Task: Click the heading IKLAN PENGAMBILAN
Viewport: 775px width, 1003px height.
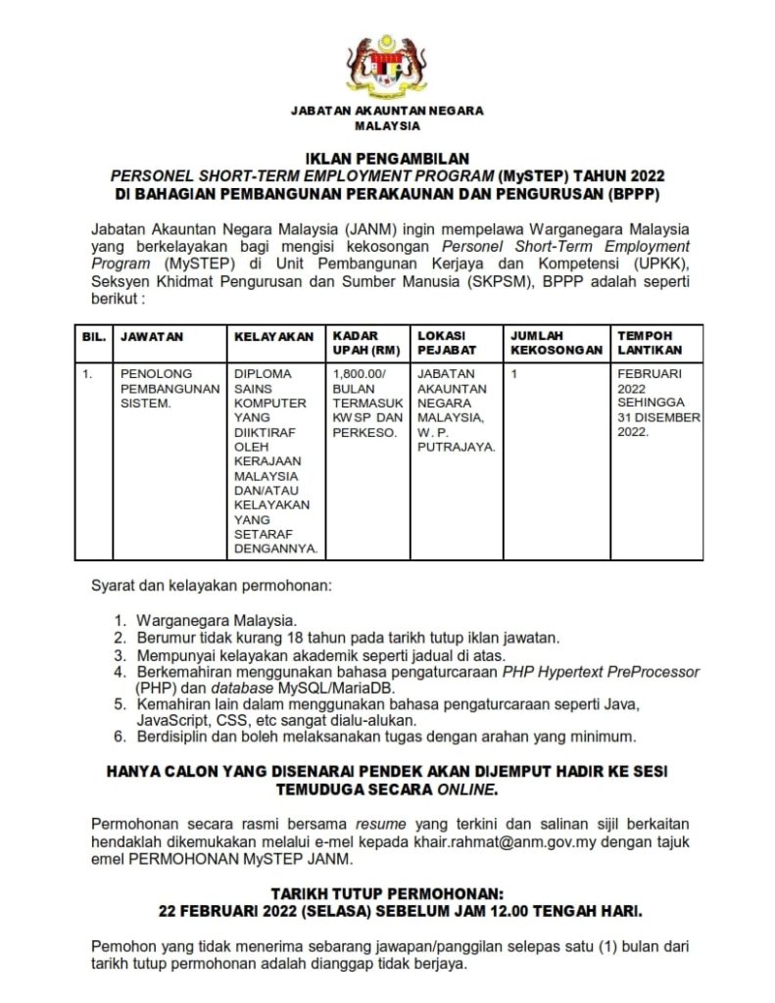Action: (387, 158)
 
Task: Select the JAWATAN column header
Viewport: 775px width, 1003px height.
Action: (152, 336)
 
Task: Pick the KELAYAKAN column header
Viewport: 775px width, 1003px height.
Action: (273, 336)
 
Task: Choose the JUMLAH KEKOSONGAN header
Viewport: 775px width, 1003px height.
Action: (557, 342)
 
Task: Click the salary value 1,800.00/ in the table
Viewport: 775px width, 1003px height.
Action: (360, 373)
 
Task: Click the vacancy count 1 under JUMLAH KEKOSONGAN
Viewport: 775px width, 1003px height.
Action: (514, 373)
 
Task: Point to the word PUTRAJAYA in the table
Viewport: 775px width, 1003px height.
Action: (456, 447)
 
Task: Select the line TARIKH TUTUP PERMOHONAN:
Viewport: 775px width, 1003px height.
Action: (387, 894)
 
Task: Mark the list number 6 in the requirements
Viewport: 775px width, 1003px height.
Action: (119, 737)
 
